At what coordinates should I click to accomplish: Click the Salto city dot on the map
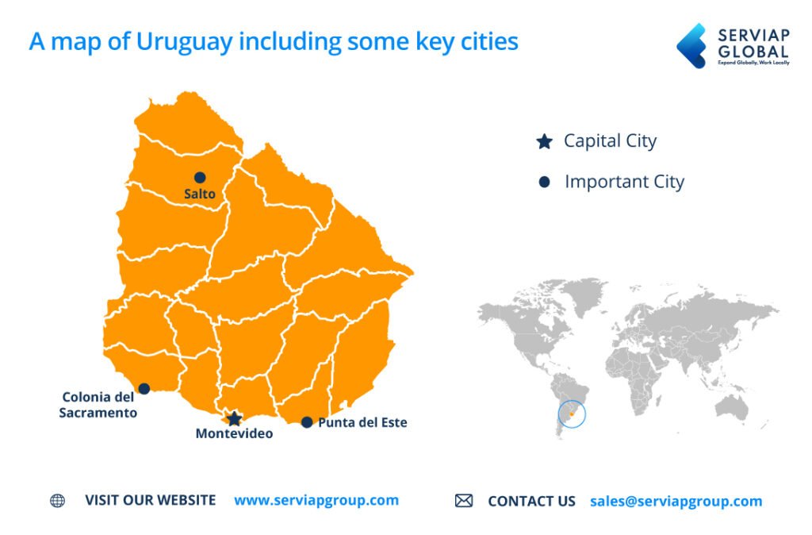(200, 177)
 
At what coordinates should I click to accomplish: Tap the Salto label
(200, 194)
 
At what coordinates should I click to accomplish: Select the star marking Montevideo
(234, 418)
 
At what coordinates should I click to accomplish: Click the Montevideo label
(234, 433)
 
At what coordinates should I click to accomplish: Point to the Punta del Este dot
(307, 422)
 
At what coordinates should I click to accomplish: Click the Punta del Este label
(362, 422)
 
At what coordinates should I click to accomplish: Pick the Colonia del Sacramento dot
(144, 388)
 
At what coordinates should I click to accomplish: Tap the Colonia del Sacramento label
(98, 405)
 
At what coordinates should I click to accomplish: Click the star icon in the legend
(544, 142)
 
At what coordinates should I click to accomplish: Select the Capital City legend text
(610, 141)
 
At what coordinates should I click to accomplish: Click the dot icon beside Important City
(544, 183)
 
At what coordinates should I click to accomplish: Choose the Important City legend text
(624, 182)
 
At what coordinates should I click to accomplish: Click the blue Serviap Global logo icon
(691, 45)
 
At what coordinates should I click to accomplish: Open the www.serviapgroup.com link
(316, 500)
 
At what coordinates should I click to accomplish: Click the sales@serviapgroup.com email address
(676, 501)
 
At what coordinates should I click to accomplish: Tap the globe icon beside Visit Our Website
(57, 501)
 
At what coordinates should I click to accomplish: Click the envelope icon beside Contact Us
(464, 501)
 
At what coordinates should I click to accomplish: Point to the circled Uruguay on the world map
(572, 414)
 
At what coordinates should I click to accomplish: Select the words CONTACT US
(531, 501)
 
